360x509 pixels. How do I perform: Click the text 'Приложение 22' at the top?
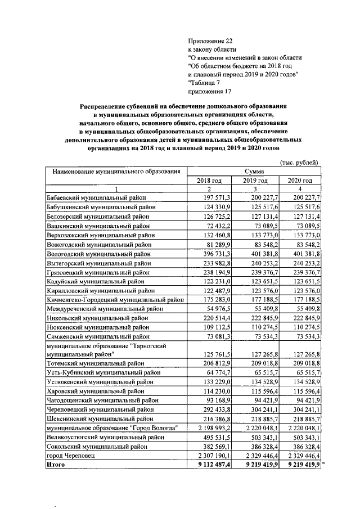click(x=209, y=41)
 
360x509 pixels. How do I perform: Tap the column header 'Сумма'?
click(x=254, y=171)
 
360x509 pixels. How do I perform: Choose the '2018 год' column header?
click(x=209, y=180)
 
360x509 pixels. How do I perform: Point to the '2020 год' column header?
click(x=299, y=180)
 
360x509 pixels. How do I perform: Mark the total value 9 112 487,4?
click(x=209, y=465)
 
